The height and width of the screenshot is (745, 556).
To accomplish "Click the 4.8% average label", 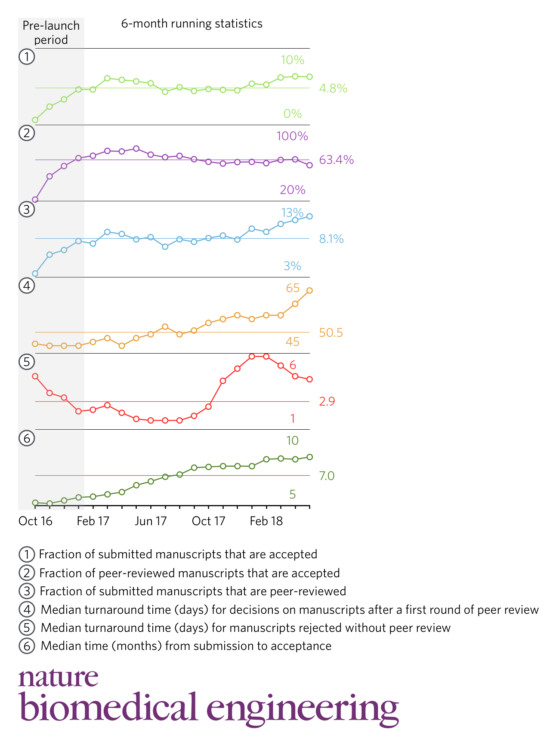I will (333, 89).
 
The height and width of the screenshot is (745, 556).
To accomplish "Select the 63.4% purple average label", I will (336, 160).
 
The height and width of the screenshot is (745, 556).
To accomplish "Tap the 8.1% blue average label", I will (331, 239).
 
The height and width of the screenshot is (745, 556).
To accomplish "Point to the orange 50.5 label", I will (331, 332).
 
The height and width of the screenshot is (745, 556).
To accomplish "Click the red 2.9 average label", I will (327, 401).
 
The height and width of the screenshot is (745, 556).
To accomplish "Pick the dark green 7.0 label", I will (326, 476).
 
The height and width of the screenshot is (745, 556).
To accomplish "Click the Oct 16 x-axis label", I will (35, 521).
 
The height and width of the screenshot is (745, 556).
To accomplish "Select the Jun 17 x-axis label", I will (150, 521).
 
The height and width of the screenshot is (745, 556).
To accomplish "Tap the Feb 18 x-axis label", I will (266, 521).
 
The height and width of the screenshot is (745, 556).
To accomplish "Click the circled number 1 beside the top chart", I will (27, 57).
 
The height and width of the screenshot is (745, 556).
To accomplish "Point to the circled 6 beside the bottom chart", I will (27, 438).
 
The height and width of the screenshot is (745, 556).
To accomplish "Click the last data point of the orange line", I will (309, 291).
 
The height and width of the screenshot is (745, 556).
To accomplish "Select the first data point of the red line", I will (35, 376).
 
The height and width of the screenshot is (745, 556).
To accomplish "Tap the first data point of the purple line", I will (35, 200).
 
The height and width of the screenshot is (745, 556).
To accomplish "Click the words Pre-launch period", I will (51, 33).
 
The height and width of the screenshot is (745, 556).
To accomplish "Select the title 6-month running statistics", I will (192, 24).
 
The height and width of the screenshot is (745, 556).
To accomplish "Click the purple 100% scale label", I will (292, 136).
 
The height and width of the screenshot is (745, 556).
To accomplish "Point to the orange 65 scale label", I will (293, 288).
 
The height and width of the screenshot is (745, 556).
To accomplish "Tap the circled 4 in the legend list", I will (27, 610).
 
